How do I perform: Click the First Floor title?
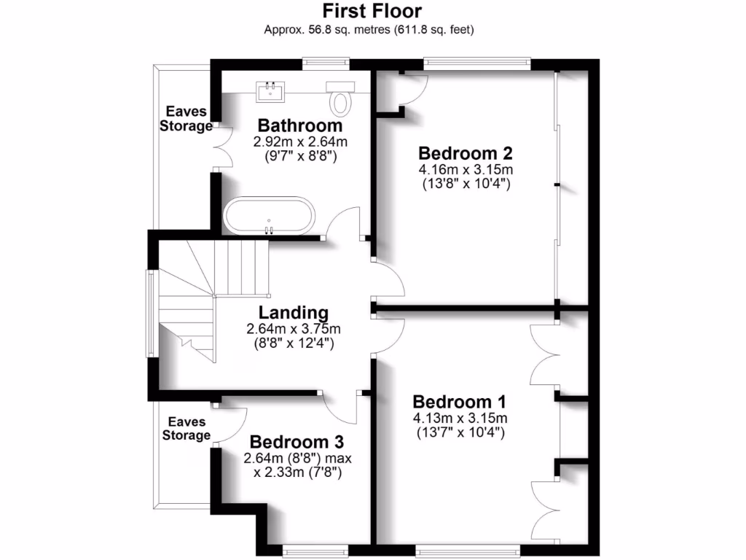pos(372,12)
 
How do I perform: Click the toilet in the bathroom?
pos(340,98)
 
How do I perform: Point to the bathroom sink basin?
pos(270,91)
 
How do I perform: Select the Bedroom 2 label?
pos(466,153)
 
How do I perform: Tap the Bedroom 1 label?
pos(459,402)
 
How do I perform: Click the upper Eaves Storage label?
pos(186,118)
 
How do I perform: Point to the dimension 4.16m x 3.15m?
pos(466,170)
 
